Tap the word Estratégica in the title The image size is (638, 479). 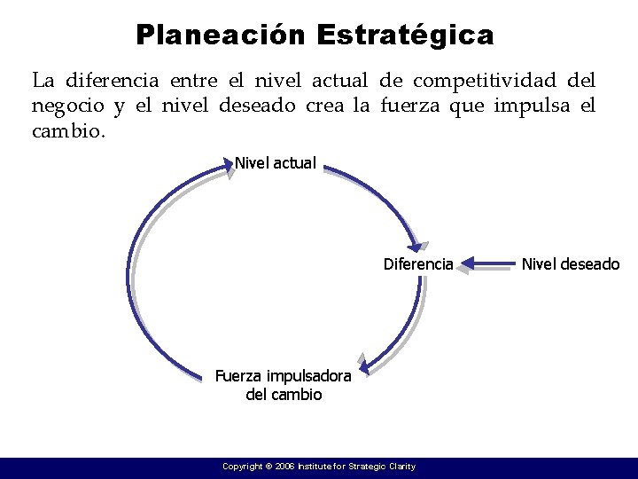pyautogui.click(x=404, y=35)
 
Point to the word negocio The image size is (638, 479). pyautogui.click(x=66, y=106)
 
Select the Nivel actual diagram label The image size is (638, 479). pyautogui.click(x=275, y=163)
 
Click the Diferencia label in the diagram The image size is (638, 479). pyautogui.click(x=418, y=264)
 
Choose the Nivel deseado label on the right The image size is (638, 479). pyautogui.click(x=571, y=264)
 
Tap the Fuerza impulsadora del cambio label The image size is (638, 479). pyautogui.click(x=284, y=385)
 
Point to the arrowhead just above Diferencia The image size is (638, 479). pyautogui.click(x=419, y=247)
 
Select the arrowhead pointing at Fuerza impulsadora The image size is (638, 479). pyautogui.click(x=362, y=363)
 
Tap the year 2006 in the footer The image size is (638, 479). pyautogui.click(x=285, y=467)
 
